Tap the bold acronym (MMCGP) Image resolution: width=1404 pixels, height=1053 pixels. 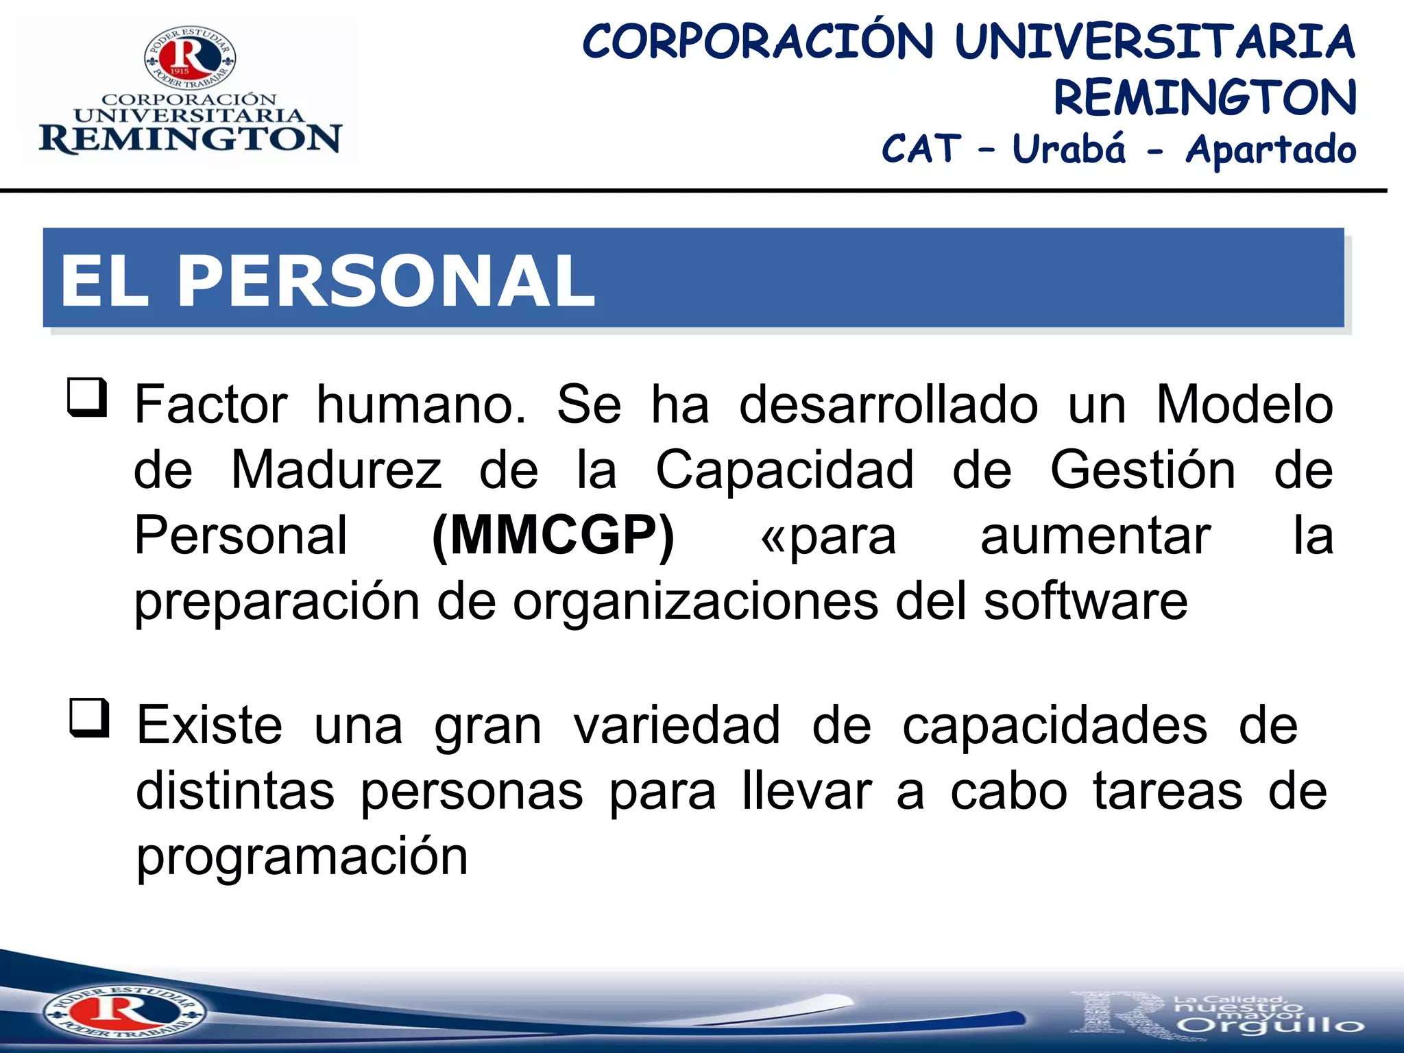[x=553, y=536]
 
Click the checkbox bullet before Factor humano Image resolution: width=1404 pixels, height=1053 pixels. [x=88, y=398]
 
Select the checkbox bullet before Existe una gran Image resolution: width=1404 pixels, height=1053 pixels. [x=89, y=718]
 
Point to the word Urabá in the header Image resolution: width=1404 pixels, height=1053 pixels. [x=1069, y=149]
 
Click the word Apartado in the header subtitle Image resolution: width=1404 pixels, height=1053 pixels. [x=1271, y=150]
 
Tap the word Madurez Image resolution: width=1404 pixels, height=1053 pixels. [x=337, y=470]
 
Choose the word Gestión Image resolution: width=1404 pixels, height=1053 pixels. [x=1143, y=470]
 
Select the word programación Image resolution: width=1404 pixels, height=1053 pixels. [x=302, y=857]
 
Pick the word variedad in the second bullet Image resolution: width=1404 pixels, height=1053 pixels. [x=677, y=725]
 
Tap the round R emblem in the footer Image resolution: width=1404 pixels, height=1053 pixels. [x=123, y=1012]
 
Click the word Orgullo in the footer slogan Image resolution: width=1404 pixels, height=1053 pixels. [x=1270, y=1026]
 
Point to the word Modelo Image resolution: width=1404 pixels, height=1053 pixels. [x=1244, y=404]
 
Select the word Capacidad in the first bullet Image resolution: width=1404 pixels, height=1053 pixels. [x=785, y=470]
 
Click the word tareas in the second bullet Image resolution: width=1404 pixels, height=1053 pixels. [x=1167, y=791]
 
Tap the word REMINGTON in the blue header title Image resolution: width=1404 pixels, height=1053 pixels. [x=1205, y=97]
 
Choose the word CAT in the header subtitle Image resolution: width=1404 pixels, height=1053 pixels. [x=921, y=149]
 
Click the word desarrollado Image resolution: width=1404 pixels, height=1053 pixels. [x=888, y=404]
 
